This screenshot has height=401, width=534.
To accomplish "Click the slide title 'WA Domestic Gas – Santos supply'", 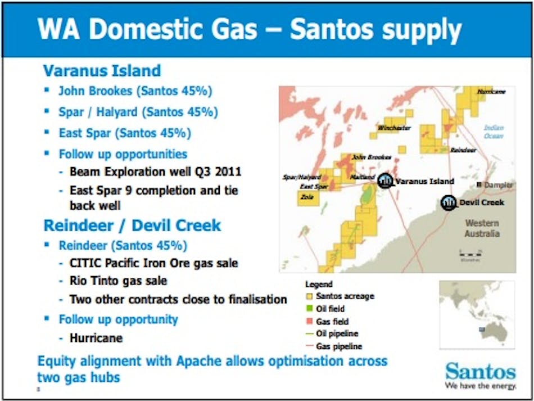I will (250, 29).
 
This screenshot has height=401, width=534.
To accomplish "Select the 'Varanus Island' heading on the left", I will (102, 71).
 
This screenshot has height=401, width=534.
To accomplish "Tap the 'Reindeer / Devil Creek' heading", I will (132, 226).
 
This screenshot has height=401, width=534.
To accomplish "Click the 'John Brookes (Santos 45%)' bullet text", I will (135, 91).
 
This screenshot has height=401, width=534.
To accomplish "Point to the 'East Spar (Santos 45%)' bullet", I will (125, 133).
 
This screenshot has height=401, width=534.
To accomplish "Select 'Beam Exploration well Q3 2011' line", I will (148, 171).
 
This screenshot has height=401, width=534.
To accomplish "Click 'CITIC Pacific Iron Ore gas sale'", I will (153, 263).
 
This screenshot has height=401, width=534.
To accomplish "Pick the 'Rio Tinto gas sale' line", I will (118, 281).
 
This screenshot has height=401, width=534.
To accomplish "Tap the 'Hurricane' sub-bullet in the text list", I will (96, 338).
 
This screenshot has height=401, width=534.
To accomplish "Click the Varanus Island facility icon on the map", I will (386, 181).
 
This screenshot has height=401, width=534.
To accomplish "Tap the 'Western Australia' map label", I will (482, 228).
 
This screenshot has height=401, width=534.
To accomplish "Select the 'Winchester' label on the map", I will (394, 128).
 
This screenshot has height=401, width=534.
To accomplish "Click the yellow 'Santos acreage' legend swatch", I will (309, 296).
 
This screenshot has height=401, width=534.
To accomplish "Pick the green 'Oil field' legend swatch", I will (309, 309).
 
